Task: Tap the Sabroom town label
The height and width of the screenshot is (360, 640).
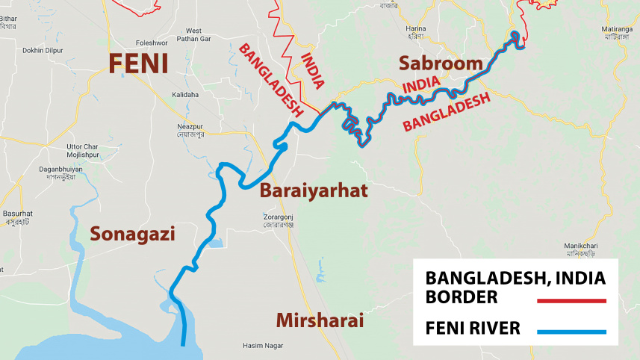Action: click(441, 63)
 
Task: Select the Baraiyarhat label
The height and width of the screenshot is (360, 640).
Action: click(314, 191)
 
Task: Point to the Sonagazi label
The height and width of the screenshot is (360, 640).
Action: click(132, 234)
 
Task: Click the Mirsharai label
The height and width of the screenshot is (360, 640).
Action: click(320, 320)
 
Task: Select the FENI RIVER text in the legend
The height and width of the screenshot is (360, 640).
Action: click(473, 328)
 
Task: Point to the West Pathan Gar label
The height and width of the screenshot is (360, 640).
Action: click(198, 35)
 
